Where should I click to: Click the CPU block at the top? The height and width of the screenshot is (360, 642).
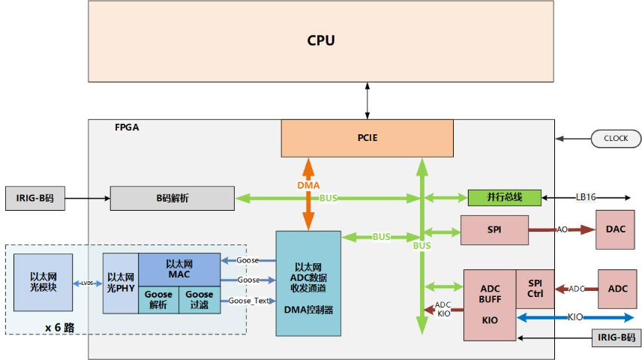click(321, 40)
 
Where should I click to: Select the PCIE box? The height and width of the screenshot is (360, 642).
click(367, 138)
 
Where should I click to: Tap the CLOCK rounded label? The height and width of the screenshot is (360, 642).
click(616, 139)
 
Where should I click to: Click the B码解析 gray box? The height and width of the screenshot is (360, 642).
click(172, 198)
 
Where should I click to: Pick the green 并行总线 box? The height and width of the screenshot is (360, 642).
click(505, 198)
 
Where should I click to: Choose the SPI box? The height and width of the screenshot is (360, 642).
click(494, 229)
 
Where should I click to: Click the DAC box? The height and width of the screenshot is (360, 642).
click(617, 229)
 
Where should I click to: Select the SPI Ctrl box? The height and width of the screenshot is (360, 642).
click(535, 289)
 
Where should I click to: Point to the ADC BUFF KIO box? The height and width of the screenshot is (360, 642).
click(490, 304)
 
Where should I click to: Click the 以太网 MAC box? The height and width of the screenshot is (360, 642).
click(178, 268)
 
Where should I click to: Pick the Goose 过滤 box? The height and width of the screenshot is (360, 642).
click(199, 300)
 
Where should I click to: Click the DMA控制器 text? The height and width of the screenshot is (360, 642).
click(308, 309)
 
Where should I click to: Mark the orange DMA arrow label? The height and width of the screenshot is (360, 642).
click(307, 184)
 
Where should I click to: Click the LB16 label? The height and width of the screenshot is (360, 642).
click(586, 197)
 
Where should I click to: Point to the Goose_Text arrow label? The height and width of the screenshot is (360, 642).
click(248, 300)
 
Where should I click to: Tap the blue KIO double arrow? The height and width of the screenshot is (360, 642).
click(575, 318)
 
